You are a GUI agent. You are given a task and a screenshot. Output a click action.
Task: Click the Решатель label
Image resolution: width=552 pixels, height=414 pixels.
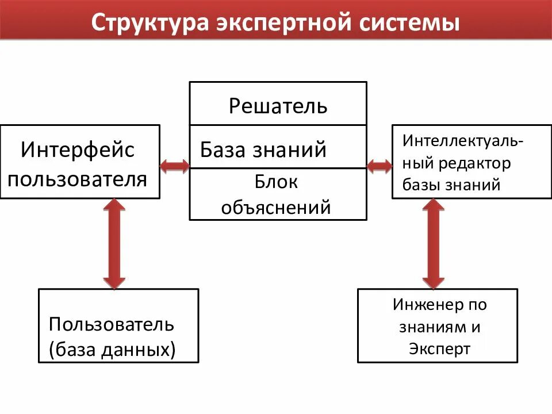[278, 106]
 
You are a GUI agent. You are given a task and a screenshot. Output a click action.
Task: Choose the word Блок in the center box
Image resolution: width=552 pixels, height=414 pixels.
[277, 182]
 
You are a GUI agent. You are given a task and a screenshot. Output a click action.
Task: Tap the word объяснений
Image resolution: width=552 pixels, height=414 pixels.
[277, 206]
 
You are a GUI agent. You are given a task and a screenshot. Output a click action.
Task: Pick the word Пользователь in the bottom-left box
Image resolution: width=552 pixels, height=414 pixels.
[112, 324]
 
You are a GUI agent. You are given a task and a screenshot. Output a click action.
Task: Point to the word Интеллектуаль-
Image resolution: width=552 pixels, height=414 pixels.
[463, 141]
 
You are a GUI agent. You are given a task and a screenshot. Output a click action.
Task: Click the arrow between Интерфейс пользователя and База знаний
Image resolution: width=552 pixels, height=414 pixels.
[174, 167]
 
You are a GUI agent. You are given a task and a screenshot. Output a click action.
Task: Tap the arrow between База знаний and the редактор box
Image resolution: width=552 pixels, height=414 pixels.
[379, 167]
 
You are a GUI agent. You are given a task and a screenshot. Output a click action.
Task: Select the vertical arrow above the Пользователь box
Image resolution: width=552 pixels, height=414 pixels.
[114, 243]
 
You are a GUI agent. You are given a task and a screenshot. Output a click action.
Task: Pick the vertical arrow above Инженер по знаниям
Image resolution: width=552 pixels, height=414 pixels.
[433, 243]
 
